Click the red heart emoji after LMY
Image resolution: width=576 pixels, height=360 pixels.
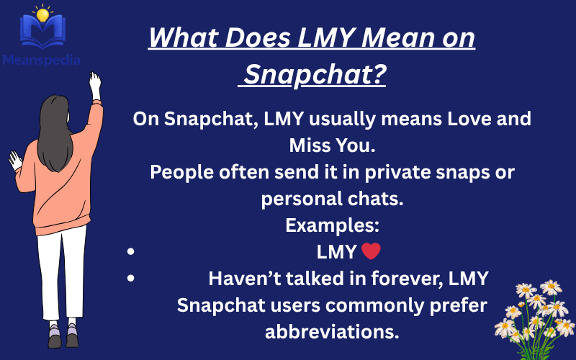pyautogui.click(x=370, y=252)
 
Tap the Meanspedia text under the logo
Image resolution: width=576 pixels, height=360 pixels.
pyautogui.click(x=41, y=60)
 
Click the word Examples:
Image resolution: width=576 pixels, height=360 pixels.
pyautogui.click(x=332, y=225)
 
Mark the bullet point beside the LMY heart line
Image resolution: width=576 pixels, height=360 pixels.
pyautogui.click(x=130, y=253)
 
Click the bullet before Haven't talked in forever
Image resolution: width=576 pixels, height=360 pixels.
pyautogui.click(x=130, y=279)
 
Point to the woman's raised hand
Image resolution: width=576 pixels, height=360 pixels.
pyautogui.click(x=94, y=82)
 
